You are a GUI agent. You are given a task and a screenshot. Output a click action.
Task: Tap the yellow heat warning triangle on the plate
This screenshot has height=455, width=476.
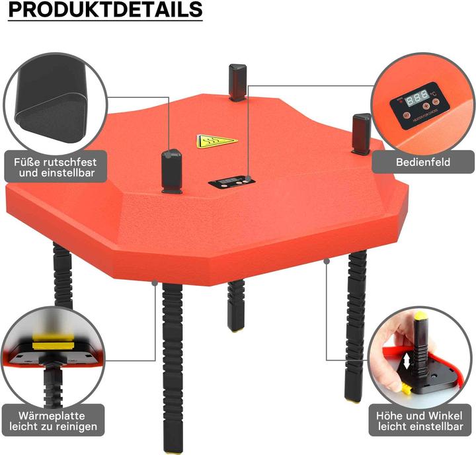click(216, 141)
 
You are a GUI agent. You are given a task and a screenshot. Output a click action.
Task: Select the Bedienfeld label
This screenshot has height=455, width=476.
click(423, 161)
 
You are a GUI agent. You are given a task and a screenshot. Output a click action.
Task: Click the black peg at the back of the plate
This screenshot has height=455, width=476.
click(237, 81)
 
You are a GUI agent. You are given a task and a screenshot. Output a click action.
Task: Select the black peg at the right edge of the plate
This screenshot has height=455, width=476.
click(362, 134)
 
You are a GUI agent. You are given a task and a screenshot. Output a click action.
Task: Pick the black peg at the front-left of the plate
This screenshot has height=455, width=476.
click(172, 170)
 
